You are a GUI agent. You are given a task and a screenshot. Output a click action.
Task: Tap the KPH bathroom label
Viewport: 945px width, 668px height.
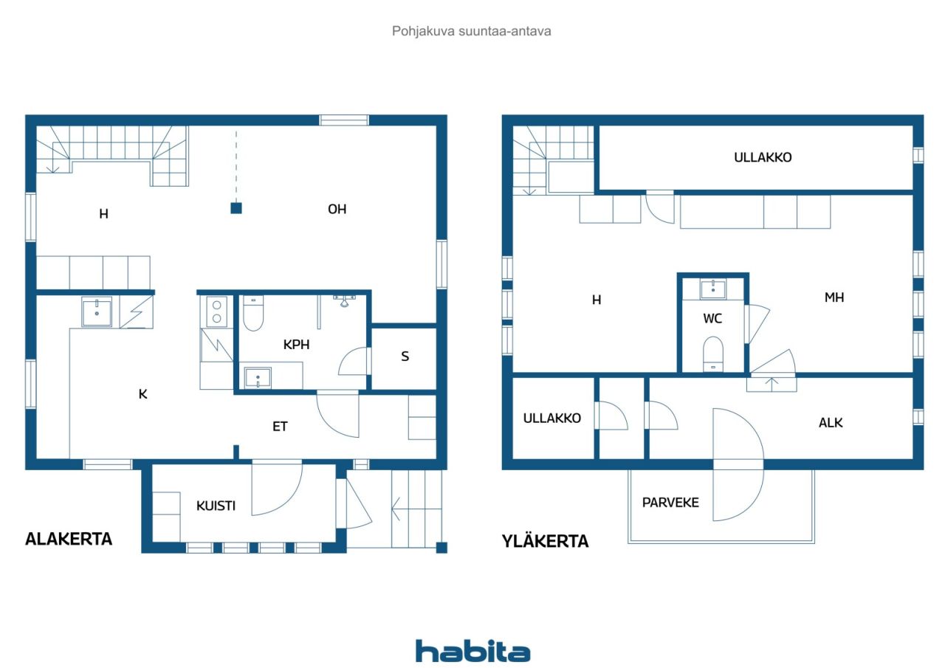[x=296, y=345]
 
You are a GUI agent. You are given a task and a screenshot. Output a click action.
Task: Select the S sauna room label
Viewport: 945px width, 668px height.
[x=405, y=357]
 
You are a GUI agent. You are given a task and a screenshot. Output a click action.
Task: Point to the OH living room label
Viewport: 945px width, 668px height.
[x=337, y=209]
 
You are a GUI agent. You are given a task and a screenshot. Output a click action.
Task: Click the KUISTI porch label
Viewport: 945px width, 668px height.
[x=216, y=506]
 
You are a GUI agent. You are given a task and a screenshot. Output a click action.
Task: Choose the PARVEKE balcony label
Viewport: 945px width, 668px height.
[x=670, y=502]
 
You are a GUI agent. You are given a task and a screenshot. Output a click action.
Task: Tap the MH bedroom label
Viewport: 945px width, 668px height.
[x=834, y=297]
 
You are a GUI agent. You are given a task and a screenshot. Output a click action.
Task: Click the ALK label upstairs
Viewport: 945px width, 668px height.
[x=831, y=422]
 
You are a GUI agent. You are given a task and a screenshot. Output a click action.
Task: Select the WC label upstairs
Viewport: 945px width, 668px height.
[x=712, y=318]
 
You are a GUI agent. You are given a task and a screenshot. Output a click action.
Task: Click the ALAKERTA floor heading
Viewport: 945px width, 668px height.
[x=69, y=539]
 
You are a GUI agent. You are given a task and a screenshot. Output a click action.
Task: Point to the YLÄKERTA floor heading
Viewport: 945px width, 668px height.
[x=545, y=541]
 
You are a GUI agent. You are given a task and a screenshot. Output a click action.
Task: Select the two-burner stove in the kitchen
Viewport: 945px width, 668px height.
[x=216, y=311]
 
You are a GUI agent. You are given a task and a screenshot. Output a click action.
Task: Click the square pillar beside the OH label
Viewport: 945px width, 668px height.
[x=236, y=208]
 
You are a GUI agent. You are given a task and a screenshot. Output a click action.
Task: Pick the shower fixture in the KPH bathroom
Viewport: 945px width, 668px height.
[x=345, y=300]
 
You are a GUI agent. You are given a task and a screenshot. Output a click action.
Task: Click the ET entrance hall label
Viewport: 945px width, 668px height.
[x=280, y=427]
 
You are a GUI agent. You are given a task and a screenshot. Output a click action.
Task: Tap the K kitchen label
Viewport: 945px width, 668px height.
[x=143, y=394]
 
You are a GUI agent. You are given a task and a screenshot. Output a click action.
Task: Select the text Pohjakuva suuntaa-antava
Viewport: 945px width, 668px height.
[x=472, y=31]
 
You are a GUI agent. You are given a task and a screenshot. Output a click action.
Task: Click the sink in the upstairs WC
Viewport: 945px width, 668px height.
[x=713, y=289]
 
